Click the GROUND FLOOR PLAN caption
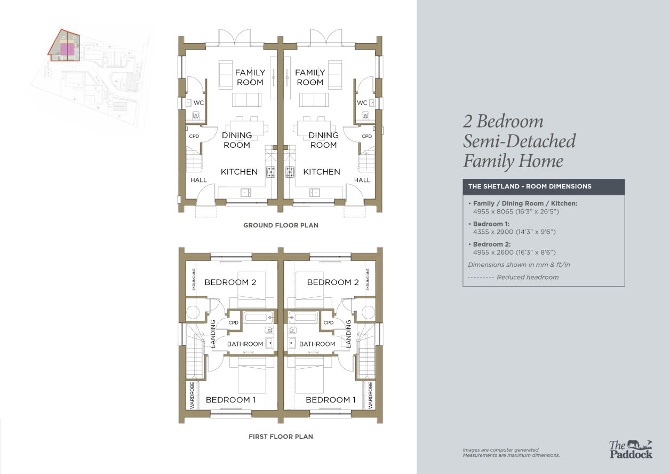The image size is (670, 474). click(x=281, y=225)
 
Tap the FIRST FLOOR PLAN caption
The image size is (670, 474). click(x=281, y=437)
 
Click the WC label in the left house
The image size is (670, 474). click(x=198, y=103)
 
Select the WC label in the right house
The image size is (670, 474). click(x=362, y=103)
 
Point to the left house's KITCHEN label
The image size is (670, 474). click(x=239, y=172)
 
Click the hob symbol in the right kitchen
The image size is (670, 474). click(x=290, y=172)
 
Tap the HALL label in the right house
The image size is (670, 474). click(x=362, y=180)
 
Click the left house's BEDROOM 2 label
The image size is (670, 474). click(x=230, y=282)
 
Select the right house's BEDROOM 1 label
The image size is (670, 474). click(x=331, y=400)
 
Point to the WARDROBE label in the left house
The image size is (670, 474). click(x=193, y=396)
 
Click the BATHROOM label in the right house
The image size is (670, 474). click(x=317, y=344)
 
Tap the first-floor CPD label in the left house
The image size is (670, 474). click(x=233, y=322)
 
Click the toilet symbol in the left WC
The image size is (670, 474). click(x=196, y=115)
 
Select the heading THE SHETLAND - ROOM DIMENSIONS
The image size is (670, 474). click(x=530, y=186)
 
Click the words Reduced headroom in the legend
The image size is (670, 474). click(x=528, y=277)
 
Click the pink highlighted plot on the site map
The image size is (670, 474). click(x=67, y=49)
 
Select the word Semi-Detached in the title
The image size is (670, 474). click(x=519, y=141)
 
